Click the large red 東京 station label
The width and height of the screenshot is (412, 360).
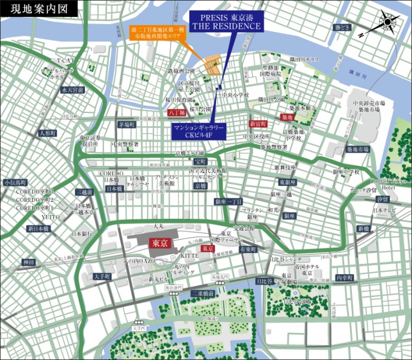pos(159,243)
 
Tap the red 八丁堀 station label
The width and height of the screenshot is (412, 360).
pos(177,112)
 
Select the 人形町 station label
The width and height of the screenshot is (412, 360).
pos(46,133)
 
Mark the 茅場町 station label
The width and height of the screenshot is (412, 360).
pos(127,124)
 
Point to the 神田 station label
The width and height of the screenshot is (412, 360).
pos(29,263)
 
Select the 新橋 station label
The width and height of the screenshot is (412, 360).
pos(363,229)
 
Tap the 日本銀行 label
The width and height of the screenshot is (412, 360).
pos(82,233)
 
